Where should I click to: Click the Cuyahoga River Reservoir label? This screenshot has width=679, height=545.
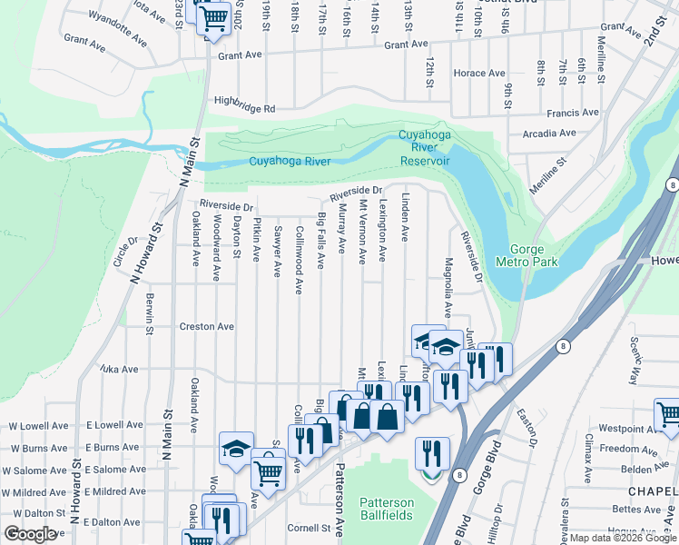[x=425, y=148]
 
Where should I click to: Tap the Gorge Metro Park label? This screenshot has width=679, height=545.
[x=526, y=254]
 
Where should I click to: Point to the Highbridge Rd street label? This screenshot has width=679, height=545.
[x=244, y=107]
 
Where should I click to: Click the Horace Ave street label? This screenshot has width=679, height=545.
[x=478, y=73]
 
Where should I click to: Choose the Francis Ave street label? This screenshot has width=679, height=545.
[x=573, y=113]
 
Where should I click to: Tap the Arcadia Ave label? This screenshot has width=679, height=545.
[x=549, y=133]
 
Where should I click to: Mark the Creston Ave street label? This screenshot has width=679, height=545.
[x=207, y=326]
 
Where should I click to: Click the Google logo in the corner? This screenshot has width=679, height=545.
[x=31, y=533]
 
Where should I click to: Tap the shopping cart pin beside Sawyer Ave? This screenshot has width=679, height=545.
[x=268, y=471]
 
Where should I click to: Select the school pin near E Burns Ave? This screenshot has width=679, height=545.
[x=236, y=448]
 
